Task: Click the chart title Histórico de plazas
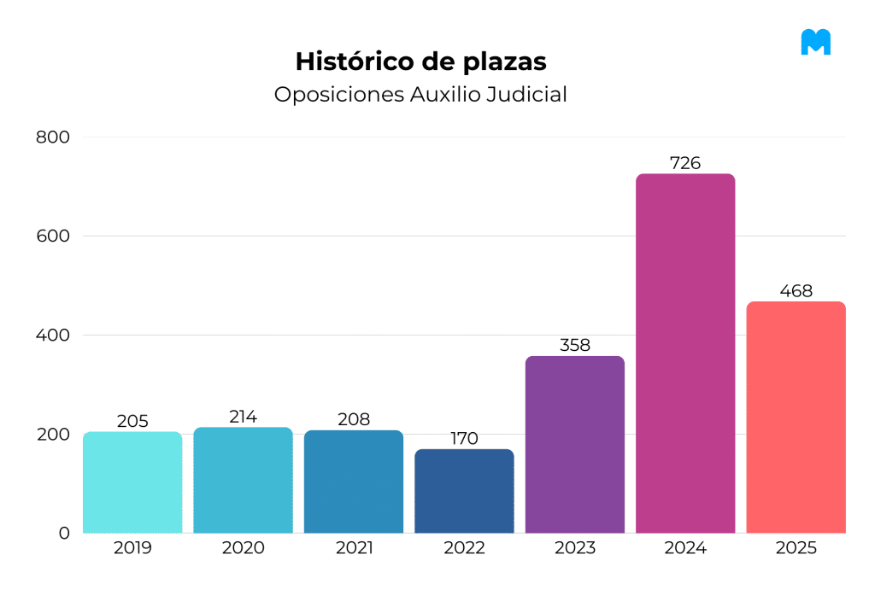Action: (x=420, y=61)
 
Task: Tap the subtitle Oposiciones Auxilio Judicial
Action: (x=420, y=94)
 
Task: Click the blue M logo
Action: (x=815, y=42)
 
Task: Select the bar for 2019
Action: (x=132, y=482)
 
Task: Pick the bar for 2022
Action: (x=464, y=491)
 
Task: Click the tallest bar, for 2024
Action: (x=685, y=353)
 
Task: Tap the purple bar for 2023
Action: (x=575, y=444)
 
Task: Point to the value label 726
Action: (x=685, y=163)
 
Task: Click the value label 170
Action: (x=464, y=439)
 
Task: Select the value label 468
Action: (x=796, y=291)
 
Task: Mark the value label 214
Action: (x=244, y=417)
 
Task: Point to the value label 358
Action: (x=575, y=346)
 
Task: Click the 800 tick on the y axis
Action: (x=52, y=137)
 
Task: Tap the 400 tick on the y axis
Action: (x=52, y=335)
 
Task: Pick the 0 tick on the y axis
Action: (x=64, y=533)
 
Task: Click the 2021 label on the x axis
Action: (x=354, y=548)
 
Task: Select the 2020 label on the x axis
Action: (x=244, y=548)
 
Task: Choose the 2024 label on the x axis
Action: (x=685, y=548)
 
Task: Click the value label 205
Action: (x=132, y=421)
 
